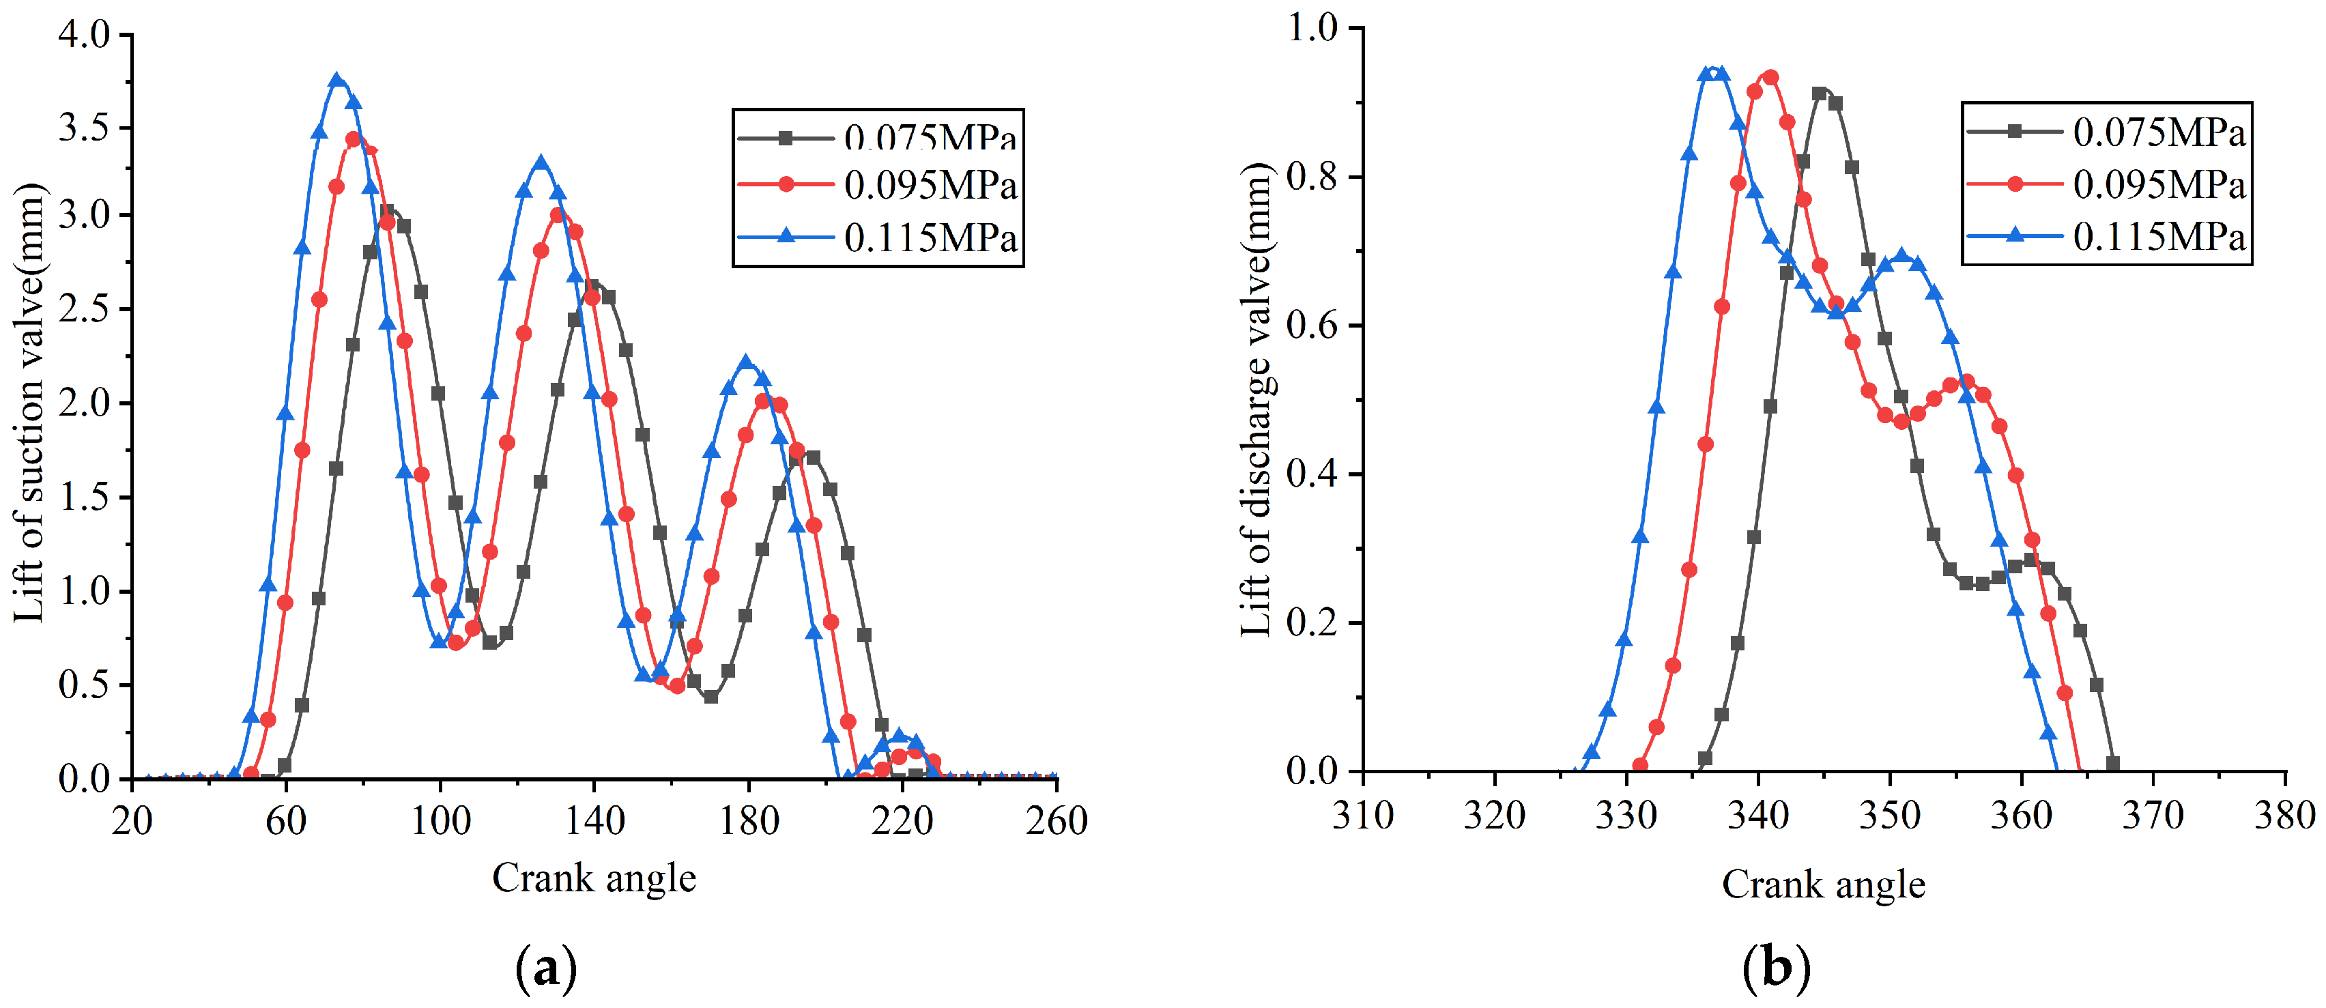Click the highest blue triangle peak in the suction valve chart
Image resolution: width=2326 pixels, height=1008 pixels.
pos(338,81)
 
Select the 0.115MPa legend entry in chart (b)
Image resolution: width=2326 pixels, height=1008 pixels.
pos(2158,237)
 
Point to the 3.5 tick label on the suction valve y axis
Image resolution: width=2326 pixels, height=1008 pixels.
pos(84,128)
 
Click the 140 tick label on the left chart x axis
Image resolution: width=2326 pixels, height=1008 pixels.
pos(594,821)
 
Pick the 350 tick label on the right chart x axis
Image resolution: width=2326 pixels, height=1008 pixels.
pos(1890,816)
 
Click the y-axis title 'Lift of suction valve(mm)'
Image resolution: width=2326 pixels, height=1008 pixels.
pos(30,402)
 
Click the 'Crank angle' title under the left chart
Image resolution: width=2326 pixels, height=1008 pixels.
pos(594,878)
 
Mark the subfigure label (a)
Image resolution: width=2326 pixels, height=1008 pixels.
pos(545,968)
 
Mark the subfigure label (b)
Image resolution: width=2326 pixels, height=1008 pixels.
pos(1776,968)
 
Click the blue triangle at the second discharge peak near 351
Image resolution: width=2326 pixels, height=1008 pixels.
pos(1901,256)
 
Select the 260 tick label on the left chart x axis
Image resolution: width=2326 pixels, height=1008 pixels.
pos(1057,821)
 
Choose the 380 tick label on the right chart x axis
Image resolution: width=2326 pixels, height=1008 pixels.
pos(2284,816)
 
